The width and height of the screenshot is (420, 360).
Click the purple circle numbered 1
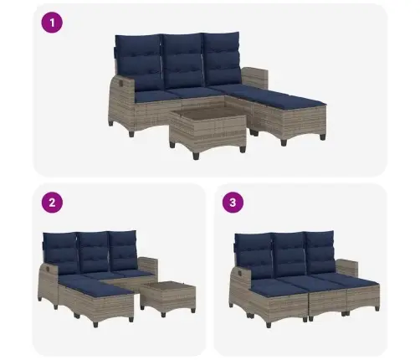click(x=52, y=23)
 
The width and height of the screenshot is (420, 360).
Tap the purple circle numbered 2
click(x=52, y=203)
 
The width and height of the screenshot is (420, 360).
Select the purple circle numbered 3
click(x=233, y=203)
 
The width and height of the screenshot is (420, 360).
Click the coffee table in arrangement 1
click(x=208, y=130)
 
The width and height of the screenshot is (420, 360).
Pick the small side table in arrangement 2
click(x=168, y=298)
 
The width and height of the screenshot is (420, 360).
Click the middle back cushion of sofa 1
click(x=182, y=61)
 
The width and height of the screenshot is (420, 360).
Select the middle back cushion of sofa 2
click(x=94, y=253)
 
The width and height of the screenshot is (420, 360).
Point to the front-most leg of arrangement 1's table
click(x=196, y=155)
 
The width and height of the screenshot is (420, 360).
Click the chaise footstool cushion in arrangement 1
click(x=289, y=101)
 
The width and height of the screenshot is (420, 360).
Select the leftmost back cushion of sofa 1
click(x=139, y=63)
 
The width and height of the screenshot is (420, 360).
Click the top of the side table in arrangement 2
click(x=167, y=285)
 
